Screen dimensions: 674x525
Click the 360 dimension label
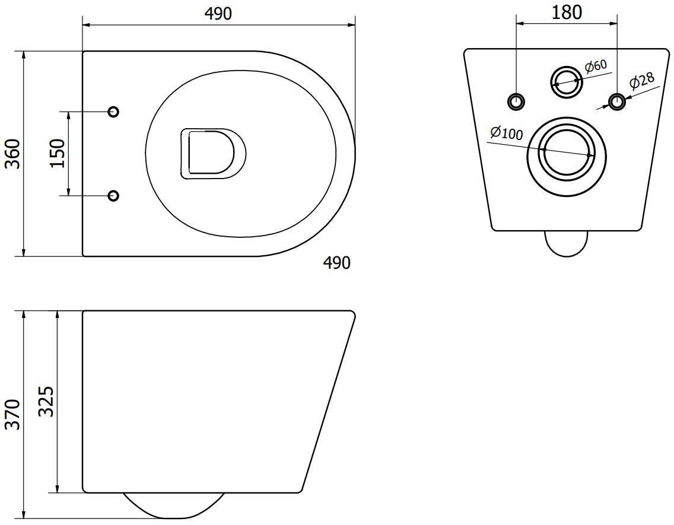click(12, 154)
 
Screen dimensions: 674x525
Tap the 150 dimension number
click(57, 154)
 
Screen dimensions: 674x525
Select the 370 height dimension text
click(12, 415)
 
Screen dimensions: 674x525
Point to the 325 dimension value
click(46, 402)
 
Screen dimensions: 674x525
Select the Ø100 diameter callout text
click(507, 133)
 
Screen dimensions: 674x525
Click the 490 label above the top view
click(218, 14)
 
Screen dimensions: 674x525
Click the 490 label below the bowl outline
click(336, 262)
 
